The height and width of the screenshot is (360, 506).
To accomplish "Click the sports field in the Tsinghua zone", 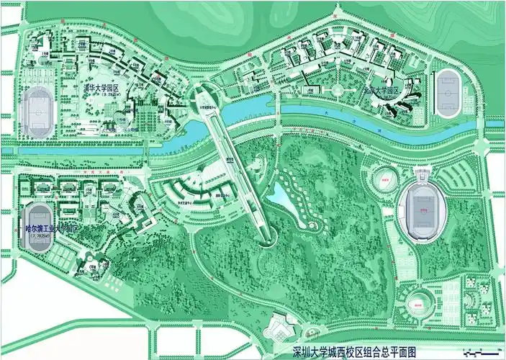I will coord(36,111).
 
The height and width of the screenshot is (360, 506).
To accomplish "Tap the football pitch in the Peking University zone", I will coord(448,94).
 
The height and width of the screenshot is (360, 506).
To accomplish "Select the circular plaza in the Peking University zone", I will coord(335,90).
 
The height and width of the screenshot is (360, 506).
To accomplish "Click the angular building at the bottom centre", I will coord(277,328).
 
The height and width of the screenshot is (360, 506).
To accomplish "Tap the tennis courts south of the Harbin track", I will coord(61,255).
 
